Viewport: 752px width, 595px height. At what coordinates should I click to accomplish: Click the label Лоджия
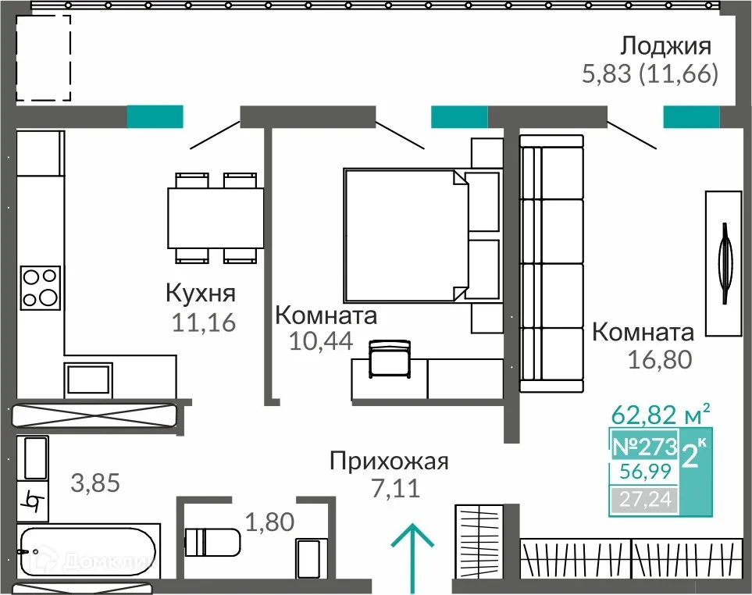666,44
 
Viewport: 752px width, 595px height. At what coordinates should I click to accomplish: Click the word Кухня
201,294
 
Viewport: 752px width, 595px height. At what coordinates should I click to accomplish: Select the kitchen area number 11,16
201,322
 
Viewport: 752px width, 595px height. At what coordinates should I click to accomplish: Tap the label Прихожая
389,461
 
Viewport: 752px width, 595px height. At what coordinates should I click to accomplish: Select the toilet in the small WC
213,540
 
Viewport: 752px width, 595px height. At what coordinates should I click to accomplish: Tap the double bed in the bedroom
406,235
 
